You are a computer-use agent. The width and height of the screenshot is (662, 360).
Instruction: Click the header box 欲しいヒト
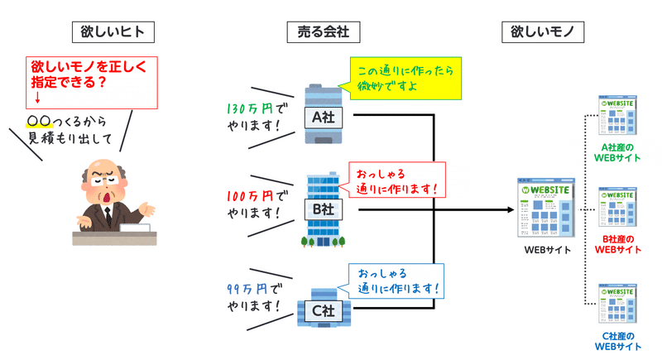tap(113, 32)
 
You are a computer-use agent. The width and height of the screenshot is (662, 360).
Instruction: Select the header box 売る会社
tap(324, 32)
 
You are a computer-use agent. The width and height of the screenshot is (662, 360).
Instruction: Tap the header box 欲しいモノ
tap(543, 32)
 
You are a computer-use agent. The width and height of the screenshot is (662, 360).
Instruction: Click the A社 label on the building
tap(324, 118)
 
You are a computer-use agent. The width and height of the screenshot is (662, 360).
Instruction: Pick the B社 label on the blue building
tap(324, 209)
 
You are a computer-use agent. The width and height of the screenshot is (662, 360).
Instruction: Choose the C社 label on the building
tap(324, 311)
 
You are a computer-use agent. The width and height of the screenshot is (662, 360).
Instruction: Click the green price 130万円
tap(250, 109)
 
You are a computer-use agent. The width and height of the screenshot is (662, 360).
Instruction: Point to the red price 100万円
tap(250, 196)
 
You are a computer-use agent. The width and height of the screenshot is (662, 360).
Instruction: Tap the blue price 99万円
tap(247, 289)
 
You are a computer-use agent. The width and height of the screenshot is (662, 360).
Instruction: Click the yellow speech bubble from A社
tap(405, 79)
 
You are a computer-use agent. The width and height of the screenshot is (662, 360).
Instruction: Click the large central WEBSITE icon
tap(546, 208)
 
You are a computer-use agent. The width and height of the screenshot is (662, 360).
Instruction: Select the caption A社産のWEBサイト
tap(617, 153)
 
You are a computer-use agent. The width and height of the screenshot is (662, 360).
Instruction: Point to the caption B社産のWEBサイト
tap(617, 244)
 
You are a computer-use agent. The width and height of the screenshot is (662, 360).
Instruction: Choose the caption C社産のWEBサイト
tap(617, 342)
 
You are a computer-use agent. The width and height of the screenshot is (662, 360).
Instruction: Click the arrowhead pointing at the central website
tap(510, 209)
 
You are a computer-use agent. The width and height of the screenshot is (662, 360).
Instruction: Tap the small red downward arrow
tap(37, 98)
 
